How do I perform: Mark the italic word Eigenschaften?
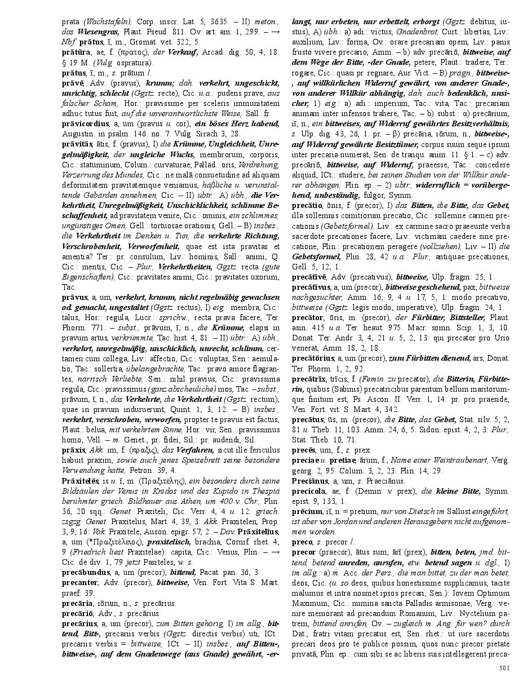coord(87,277)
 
